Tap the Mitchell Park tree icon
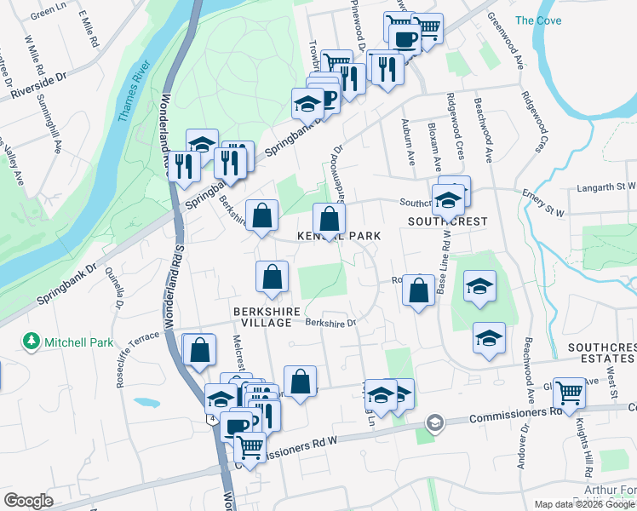click(32, 342)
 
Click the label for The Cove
click(537, 20)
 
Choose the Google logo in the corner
click(28, 500)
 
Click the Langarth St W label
click(606, 185)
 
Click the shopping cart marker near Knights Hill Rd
click(569, 393)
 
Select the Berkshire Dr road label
click(330, 323)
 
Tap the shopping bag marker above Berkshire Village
click(272, 276)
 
